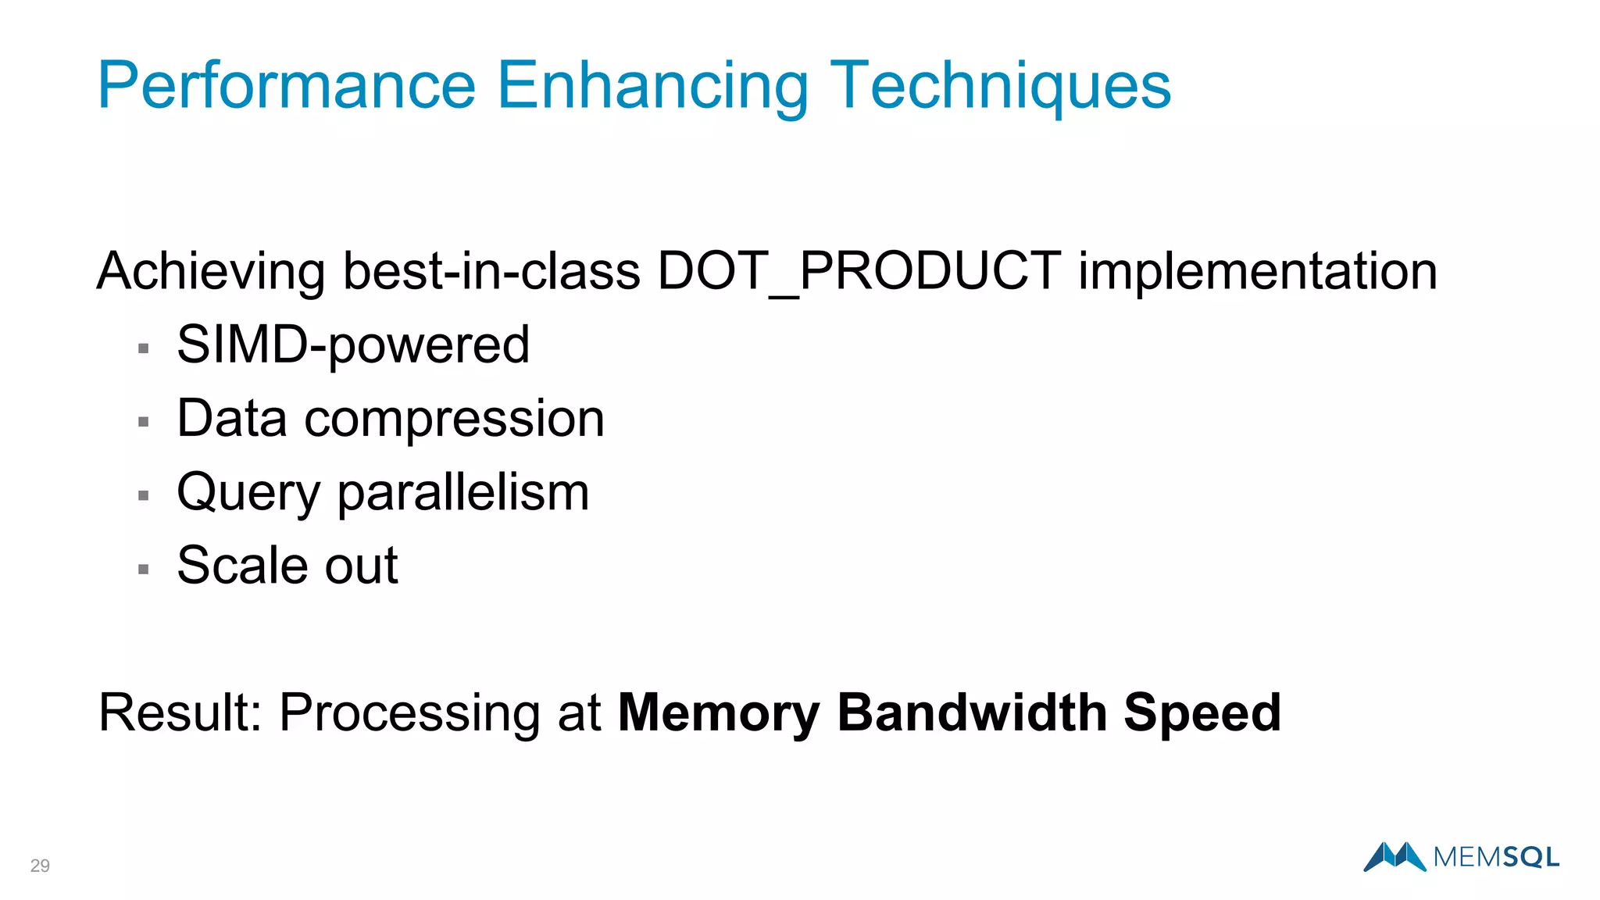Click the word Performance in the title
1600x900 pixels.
pyautogui.click(x=286, y=85)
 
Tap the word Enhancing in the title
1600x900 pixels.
pyautogui.click(x=652, y=85)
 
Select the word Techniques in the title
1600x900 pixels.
pyautogui.click(x=1000, y=85)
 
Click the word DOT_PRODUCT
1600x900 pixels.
pyautogui.click(x=859, y=271)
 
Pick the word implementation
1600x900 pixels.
pyautogui.click(x=1258, y=271)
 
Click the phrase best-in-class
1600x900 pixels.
pyautogui.click(x=491, y=271)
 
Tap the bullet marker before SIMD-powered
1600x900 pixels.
pyautogui.click(x=143, y=348)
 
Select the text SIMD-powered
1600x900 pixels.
pyautogui.click(x=353, y=345)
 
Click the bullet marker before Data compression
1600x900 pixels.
pyautogui.click(x=143, y=422)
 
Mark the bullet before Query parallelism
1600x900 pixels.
pyautogui.click(x=143, y=495)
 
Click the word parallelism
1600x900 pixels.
pyautogui.click(x=462, y=492)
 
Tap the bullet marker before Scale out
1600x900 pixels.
pyautogui.click(x=143, y=569)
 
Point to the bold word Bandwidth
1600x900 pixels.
pyautogui.click(x=972, y=712)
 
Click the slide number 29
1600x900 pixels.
pyautogui.click(x=40, y=866)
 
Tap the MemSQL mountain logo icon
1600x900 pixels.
pyautogui.click(x=1395, y=856)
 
